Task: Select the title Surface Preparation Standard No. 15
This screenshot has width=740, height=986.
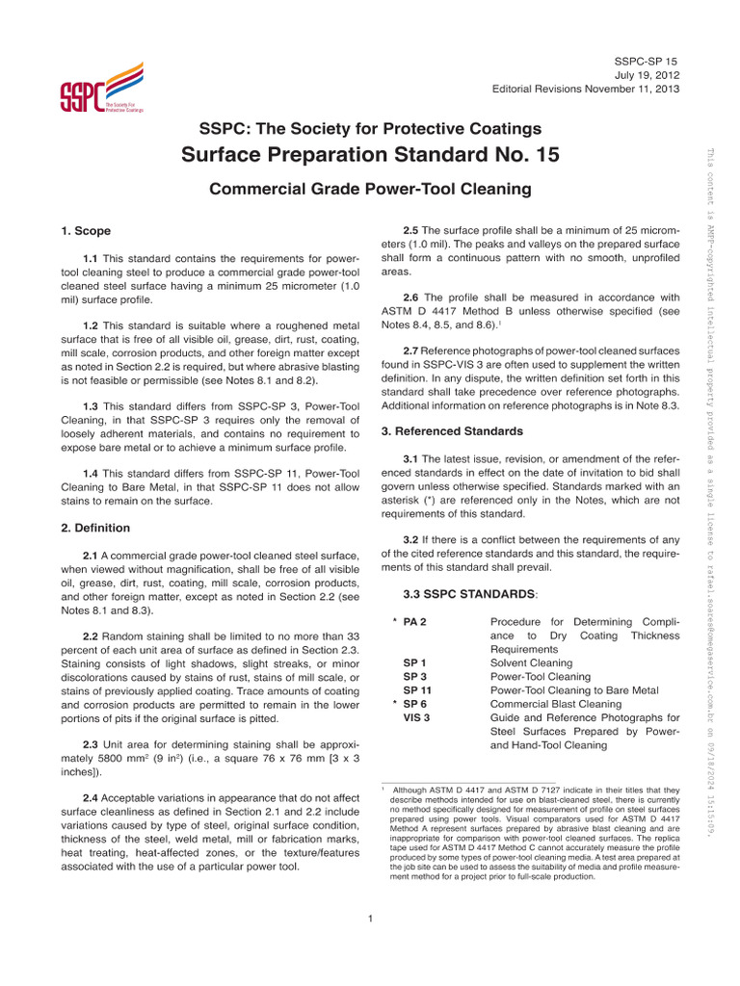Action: (370, 155)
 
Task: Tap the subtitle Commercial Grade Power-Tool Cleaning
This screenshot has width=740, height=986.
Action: (370, 190)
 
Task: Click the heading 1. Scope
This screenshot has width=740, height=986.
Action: (86, 231)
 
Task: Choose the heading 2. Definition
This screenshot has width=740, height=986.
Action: (95, 528)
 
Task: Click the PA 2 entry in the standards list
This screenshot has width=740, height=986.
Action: (415, 622)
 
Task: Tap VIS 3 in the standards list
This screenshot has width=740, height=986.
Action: (417, 717)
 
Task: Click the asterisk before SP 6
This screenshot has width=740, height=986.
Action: (395, 704)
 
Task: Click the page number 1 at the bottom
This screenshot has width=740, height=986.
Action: (370, 918)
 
